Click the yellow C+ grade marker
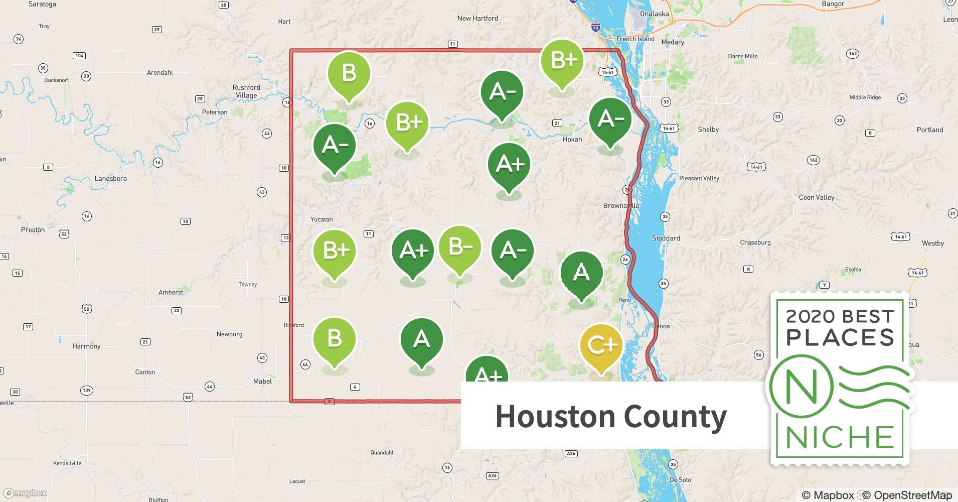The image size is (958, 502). [x=601, y=346]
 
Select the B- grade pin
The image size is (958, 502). [x=459, y=247]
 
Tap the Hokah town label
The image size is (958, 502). [x=572, y=140]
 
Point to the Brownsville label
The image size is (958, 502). [x=621, y=205]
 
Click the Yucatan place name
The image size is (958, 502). [x=322, y=219]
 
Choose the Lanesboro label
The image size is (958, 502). [x=111, y=179]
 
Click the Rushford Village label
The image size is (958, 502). [x=246, y=91]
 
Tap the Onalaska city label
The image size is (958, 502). [x=654, y=14]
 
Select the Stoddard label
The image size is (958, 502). [x=666, y=238]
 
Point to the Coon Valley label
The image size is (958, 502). [x=817, y=197]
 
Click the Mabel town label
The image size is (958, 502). [x=262, y=382]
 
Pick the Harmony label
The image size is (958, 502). [x=86, y=346]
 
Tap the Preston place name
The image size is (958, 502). [x=33, y=230]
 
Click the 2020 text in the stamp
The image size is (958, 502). [x=809, y=317]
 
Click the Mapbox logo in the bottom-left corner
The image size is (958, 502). [x=26, y=493]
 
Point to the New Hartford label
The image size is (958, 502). [x=477, y=19]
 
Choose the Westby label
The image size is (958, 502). [x=932, y=243]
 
